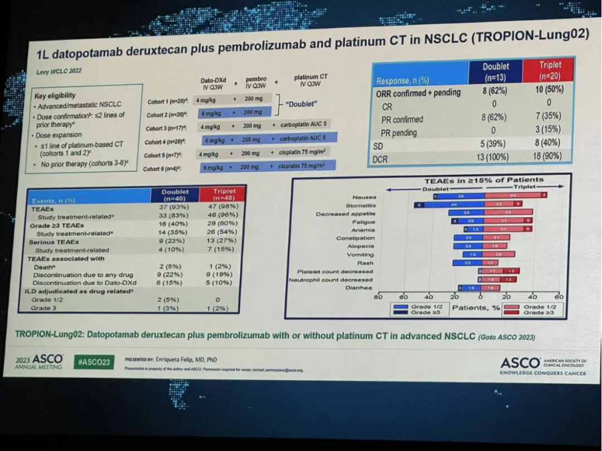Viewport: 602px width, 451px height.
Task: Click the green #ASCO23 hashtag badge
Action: tap(94, 362)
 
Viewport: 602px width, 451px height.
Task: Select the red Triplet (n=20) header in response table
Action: tap(550, 71)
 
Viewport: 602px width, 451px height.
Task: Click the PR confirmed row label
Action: tap(402, 119)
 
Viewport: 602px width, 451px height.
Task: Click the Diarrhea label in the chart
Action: tap(360, 288)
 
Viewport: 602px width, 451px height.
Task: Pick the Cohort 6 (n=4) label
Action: tap(165, 169)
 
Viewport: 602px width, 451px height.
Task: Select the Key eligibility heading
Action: tap(55, 95)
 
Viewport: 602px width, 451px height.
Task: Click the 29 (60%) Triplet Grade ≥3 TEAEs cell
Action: tap(224, 225)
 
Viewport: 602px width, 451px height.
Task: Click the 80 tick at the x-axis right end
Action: tap(559, 297)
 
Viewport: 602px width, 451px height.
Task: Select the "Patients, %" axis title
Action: tap(475, 308)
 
